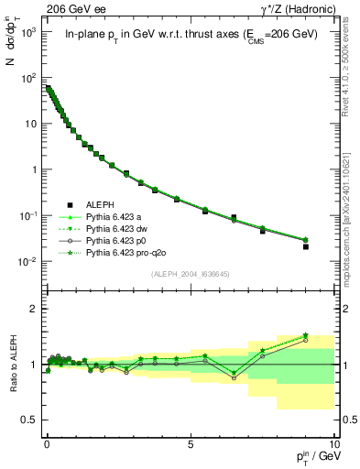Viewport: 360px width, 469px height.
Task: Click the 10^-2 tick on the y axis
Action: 27,262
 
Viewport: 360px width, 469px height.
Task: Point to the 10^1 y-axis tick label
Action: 27,124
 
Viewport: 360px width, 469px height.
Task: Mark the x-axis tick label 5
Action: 190,442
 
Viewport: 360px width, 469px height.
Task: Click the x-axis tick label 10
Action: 334,442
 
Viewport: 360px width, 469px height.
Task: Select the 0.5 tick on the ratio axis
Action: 29,420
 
